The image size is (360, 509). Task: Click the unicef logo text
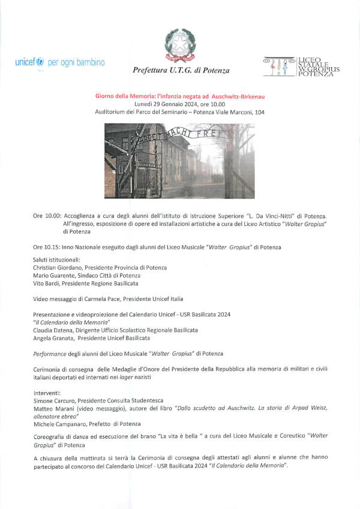tap(29, 62)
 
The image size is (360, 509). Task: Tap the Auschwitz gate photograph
tap(179, 161)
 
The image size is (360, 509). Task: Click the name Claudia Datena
tap(55, 330)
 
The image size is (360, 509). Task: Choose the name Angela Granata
tap(55, 338)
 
